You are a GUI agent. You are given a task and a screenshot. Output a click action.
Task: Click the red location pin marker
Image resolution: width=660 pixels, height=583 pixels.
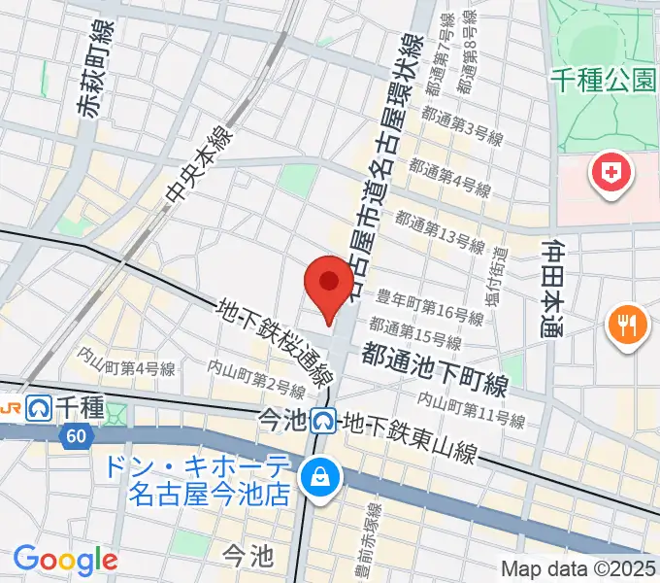tap(328, 284)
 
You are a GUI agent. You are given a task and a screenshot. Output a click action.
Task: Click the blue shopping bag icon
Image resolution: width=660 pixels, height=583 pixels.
tap(317, 476)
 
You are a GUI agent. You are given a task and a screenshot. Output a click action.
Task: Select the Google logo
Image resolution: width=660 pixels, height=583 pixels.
tap(65, 559)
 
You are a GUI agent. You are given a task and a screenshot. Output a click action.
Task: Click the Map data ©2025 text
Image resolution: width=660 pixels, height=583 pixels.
tap(578, 567)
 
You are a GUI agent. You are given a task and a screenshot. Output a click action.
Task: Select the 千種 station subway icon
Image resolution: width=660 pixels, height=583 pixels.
tap(40, 406)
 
